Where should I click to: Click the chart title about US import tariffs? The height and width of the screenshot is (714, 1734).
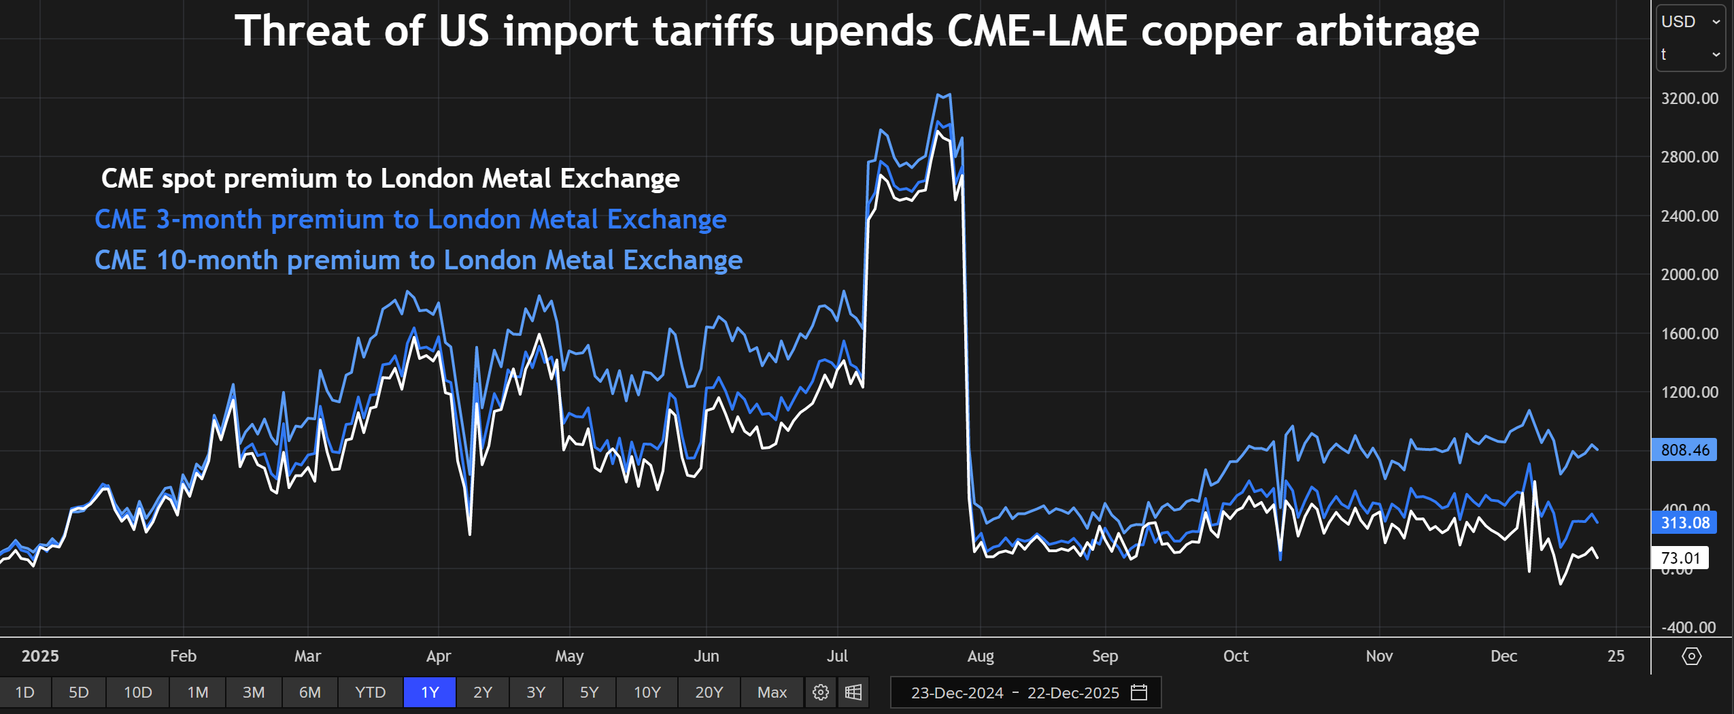click(857, 31)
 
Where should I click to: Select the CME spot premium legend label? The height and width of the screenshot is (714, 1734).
click(390, 179)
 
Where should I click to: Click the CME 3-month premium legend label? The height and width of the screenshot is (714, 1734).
click(411, 220)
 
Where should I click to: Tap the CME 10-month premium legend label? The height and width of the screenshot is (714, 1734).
click(418, 260)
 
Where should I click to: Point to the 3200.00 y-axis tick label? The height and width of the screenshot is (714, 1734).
click(1689, 99)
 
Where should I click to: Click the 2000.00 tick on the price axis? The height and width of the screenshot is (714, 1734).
click(1689, 275)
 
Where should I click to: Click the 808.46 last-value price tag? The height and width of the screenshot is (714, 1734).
click(1684, 450)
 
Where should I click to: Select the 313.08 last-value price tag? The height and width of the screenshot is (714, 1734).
click(1684, 523)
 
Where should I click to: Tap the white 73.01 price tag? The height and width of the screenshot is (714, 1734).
click(1680, 558)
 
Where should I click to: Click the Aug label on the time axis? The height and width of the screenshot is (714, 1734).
click(981, 656)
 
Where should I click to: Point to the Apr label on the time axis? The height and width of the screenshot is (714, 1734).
click(439, 656)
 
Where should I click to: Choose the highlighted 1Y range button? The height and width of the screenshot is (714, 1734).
click(430, 692)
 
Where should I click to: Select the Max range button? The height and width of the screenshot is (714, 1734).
click(772, 692)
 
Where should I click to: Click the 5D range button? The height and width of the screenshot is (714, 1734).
click(79, 692)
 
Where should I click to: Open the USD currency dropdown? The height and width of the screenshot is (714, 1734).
click(1690, 22)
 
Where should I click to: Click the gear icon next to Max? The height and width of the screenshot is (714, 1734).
click(821, 692)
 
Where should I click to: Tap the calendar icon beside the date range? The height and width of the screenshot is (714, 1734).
click(1139, 692)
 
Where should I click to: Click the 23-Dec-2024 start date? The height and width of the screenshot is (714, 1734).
click(957, 693)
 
